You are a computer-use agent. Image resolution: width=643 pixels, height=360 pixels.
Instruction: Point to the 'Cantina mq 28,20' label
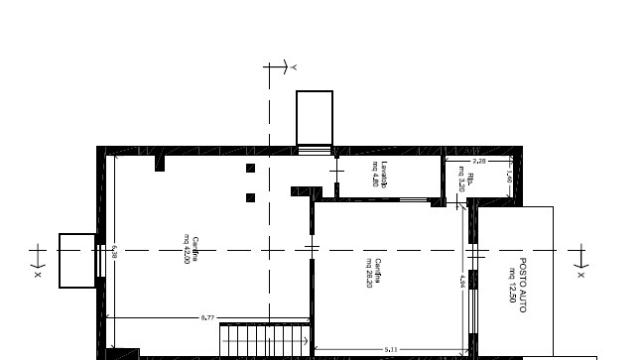373,271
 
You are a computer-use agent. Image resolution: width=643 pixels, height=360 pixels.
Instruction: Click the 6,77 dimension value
207,317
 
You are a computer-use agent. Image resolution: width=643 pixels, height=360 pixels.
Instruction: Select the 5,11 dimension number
391,349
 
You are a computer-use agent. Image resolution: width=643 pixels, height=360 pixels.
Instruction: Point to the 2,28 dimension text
478,160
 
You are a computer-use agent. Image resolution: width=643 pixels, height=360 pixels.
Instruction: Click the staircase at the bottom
265,340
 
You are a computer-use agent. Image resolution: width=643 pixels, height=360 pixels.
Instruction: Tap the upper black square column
250,169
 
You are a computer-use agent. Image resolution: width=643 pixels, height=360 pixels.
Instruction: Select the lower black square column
250,197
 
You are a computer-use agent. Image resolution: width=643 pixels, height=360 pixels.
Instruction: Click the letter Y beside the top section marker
294,66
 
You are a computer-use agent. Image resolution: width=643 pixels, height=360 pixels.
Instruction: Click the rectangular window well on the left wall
76,260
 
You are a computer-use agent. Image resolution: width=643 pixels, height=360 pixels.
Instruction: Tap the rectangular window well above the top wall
315,118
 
